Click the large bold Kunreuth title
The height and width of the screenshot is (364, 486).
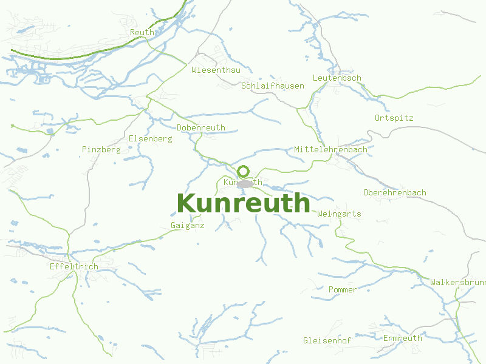243,203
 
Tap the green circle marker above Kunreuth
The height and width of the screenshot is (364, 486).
244,171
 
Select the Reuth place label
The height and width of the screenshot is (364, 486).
142,32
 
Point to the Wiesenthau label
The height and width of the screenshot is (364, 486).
216,70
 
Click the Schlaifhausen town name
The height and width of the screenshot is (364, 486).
273,86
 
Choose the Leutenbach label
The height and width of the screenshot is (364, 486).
337,78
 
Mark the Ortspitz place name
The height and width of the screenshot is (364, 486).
394,118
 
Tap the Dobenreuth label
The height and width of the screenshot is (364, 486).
201,128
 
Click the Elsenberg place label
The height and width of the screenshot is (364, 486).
150,138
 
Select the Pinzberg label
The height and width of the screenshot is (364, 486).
101,149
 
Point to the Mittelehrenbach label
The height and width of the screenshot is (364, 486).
330,149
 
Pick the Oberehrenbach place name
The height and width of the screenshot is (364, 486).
394,192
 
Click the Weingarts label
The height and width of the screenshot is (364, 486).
339,214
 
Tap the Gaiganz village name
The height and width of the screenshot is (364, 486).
188,225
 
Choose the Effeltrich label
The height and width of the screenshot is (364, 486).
74,266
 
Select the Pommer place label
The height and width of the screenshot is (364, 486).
343,289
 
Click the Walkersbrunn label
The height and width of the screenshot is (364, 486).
457,282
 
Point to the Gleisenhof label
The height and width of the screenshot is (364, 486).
327,340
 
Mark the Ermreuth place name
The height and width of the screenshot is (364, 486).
402,338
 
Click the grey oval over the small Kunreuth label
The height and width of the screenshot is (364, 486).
245,183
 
